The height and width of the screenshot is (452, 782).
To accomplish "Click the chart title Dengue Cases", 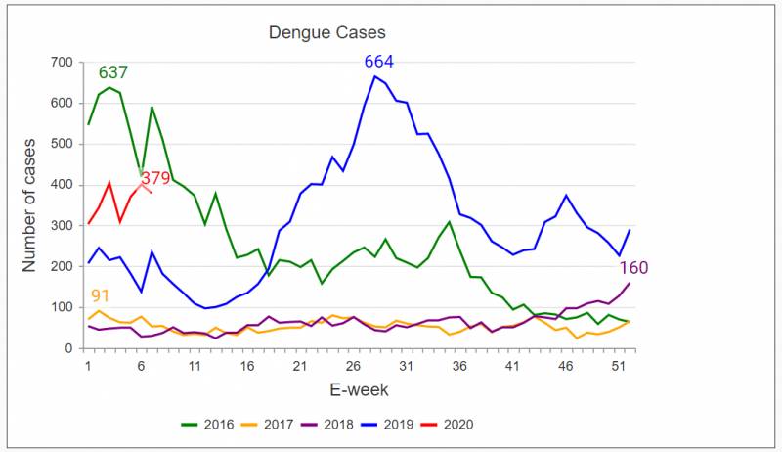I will click(x=327, y=33).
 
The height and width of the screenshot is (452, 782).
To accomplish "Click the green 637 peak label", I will click(x=113, y=72).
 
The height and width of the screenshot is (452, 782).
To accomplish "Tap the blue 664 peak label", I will click(x=379, y=62).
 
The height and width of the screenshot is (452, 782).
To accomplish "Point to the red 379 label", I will click(x=156, y=178).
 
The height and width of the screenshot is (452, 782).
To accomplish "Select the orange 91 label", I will click(x=100, y=295).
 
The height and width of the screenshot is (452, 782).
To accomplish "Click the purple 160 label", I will click(x=632, y=268).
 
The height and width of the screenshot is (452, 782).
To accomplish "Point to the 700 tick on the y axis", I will click(x=62, y=63).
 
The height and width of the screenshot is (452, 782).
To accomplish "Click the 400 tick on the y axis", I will click(x=62, y=185).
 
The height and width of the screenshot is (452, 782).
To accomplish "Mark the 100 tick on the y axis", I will click(x=62, y=307).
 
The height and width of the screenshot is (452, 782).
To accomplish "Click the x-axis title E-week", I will click(x=359, y=389).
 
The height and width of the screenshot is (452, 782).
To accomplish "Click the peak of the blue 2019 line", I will click(x=375, y=76).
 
